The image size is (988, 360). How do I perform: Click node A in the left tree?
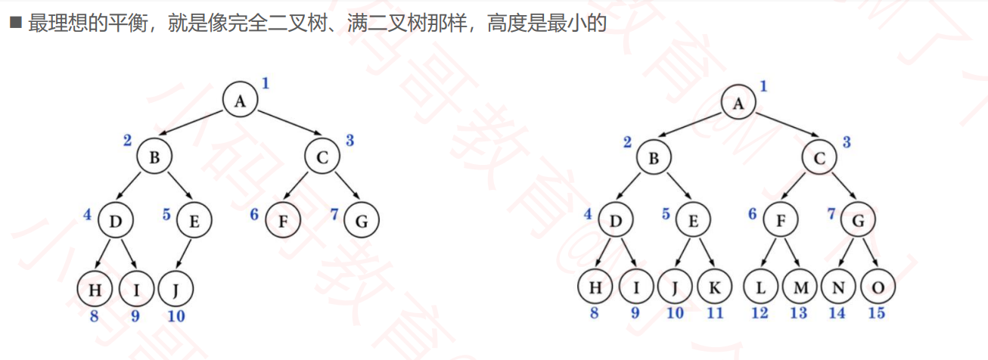pyautogui.click(x=241, y=101)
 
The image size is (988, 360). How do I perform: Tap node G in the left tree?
pyautogui.click(x=361, y=222)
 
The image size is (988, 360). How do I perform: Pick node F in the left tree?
pyautogui.click(x=283, y=222)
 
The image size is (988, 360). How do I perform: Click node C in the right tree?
pyautogui.click(x=820, y=158)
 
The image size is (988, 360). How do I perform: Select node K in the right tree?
pyautogui.click(x=716, y=288)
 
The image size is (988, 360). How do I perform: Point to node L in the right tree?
pyautogui.click(x=760, y=288)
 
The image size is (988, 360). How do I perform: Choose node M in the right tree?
pyautogui.click(x=800, y=288)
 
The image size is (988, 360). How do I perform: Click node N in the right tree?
pyautogui.click(x=837, y=288)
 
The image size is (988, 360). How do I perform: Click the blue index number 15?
pyautogui.click(x=876, y=313)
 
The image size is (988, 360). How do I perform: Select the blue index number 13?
pyautogui.click(x=799, y=313)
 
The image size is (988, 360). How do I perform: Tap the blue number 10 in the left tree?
pyautogui.click(x=176, y=316)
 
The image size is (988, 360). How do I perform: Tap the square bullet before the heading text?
pyautogui.click(x=15, y=23)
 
